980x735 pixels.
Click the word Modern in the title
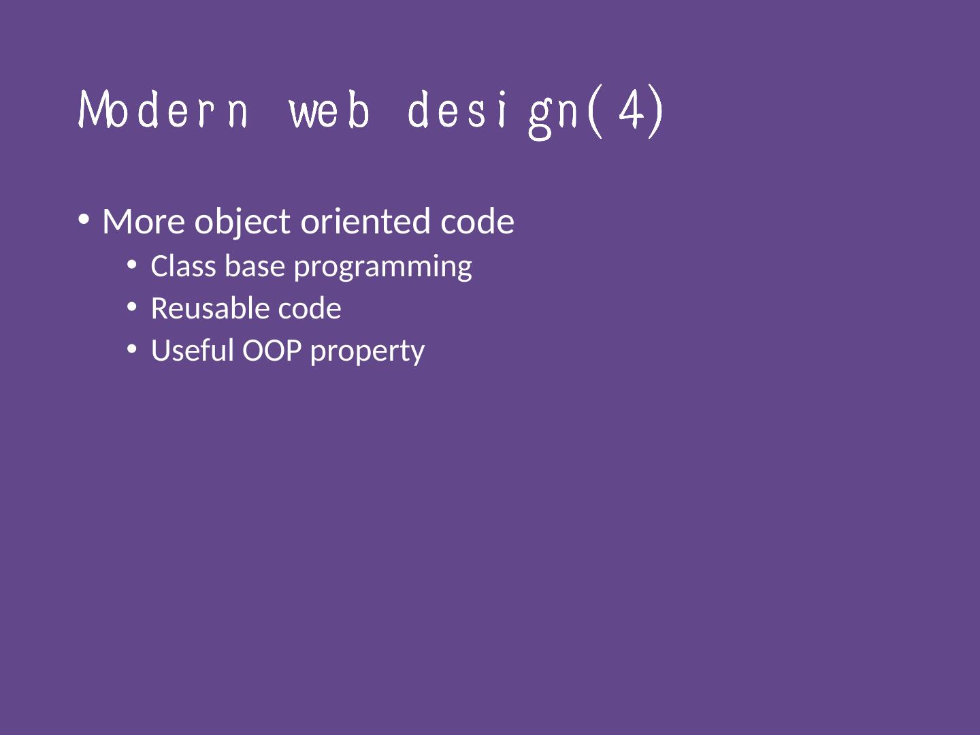(163, 110)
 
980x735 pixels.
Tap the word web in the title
(329, 110)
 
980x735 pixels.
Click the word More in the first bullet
(144, 221)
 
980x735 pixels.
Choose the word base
(255, 266)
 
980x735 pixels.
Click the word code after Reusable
(310, 308)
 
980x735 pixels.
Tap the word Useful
(193, 350)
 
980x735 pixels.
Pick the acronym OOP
(272, 350)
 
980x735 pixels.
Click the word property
(367, 353)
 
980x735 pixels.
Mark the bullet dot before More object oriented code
(84, 220)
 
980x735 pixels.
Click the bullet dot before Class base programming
(132, 265)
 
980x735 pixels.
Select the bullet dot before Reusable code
(132, 306)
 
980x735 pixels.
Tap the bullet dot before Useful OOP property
(132, 349)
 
